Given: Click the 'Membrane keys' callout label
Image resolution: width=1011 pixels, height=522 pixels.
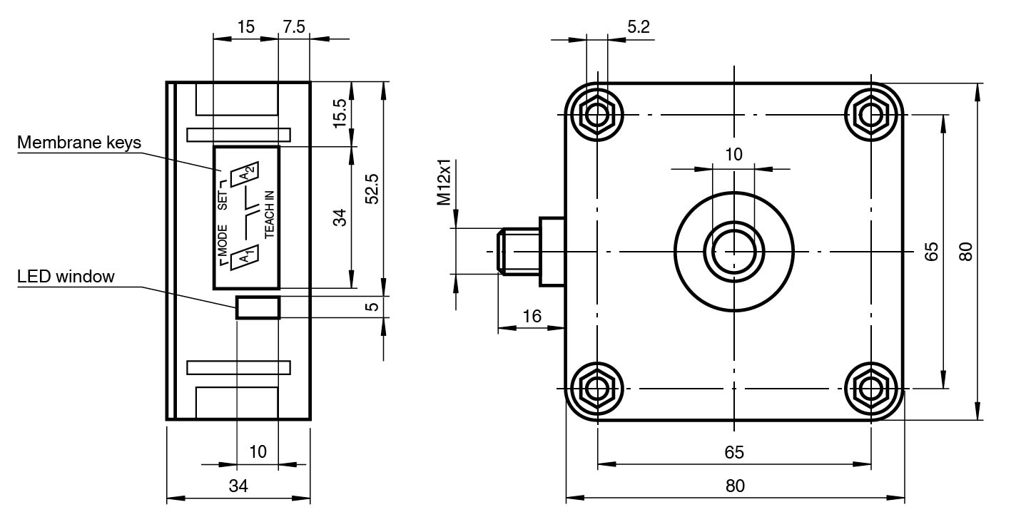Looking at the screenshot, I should click(79, 143).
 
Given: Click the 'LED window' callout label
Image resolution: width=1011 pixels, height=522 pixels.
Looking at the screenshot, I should click(66, 277).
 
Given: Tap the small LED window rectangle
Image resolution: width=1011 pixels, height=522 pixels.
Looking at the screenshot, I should click(258, 307).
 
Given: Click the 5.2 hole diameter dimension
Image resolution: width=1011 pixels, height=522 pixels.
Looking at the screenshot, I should click(639, 27).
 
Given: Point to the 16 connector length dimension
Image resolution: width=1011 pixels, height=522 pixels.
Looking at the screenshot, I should click(531, 316).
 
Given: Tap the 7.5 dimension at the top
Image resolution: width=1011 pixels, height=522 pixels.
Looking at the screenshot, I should click(293, 27).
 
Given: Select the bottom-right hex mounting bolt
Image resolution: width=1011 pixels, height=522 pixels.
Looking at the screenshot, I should click(870, 389).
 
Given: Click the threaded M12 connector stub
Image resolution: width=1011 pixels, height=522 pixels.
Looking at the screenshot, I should click(519, 251).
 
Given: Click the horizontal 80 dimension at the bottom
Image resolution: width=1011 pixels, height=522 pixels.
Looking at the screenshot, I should click(735, 486).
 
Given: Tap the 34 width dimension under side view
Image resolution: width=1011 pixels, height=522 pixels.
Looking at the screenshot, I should click(238, 486).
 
